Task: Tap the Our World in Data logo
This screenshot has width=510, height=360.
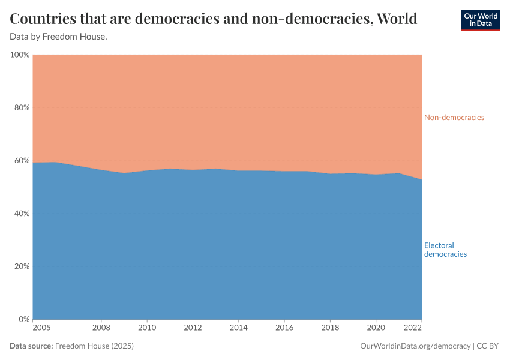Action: [480, 20]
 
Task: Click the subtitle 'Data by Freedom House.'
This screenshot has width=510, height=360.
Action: [59, 37]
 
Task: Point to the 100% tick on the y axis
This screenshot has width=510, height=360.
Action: [20, 55]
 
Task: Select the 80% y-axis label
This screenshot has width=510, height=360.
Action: [21, 108]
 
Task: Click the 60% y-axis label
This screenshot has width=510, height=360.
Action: [21, 161]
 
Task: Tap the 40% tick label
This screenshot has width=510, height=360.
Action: [21, 214]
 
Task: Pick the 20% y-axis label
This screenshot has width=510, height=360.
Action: [21, 266]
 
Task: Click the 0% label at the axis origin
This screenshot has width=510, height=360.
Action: [23, 319]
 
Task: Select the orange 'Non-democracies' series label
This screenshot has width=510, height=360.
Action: [454, 118]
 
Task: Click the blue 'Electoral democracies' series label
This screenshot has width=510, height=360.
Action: [445, 250]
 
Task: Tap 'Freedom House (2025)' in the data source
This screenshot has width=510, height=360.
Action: [94, 346]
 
